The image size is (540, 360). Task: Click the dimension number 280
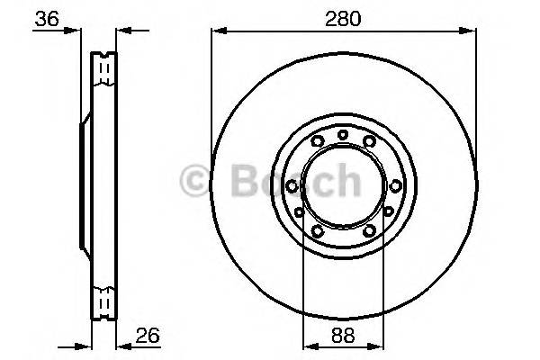342,17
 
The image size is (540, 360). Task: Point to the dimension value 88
343,335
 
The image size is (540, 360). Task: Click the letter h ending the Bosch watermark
346,181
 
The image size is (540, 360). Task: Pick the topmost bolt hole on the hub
343,135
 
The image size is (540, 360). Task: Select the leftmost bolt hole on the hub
292,184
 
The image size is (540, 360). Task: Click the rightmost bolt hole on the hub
395,184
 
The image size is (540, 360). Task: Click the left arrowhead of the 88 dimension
308,346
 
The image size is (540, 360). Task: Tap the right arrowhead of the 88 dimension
379,346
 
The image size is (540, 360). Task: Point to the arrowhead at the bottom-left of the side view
87,346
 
